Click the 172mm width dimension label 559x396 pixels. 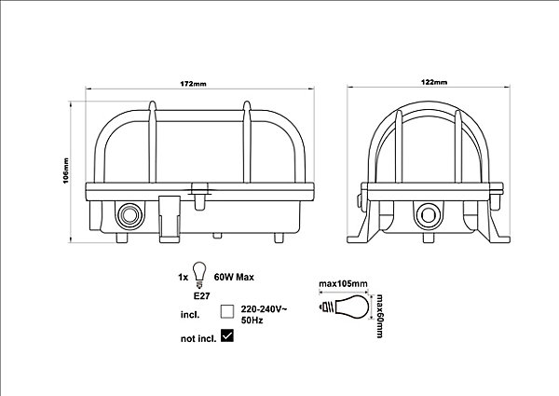point(193,84)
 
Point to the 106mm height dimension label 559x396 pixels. point(66,171)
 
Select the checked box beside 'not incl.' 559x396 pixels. point(227,335)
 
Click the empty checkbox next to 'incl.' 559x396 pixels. point(227,311)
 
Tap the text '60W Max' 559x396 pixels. point(234,277)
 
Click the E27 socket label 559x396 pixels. point(201,296)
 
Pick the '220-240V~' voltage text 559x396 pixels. point(264,309)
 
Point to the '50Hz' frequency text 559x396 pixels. point(252,321)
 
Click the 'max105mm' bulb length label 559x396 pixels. point(343,284)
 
